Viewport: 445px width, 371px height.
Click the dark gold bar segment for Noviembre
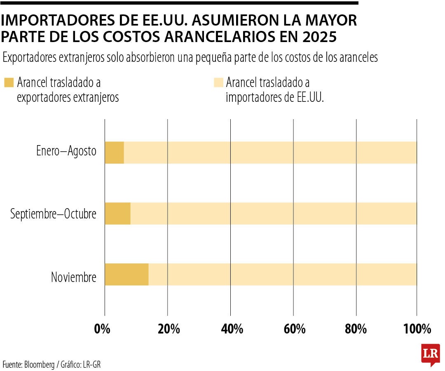tap(126, 274)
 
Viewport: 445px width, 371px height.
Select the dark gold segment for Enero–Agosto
tap(114, 153)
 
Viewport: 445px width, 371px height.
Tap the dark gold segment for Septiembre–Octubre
tap(117, 214)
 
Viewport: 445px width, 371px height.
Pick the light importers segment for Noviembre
tap(282, 274)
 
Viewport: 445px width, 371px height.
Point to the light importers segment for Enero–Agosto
tap(270, 153)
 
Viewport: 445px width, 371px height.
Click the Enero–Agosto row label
tap(66, 151)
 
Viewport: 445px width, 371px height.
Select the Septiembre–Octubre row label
tap(53, 214)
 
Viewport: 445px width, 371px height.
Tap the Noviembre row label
tap(73, 277)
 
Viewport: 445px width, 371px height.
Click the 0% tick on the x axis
tap(102, 329)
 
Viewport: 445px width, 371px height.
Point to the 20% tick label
tap(169, 329)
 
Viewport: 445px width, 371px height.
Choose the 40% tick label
tap(232, 329)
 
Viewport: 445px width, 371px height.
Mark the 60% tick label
tap(294, 329)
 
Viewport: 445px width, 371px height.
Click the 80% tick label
tap(356, 329)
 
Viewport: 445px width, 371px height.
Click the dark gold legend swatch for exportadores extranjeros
tap(9, 82)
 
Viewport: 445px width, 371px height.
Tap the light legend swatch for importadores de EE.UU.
tap(218, 82)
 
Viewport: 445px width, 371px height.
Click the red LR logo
tap(430, 354)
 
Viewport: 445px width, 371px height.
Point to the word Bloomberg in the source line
tap(41, 364)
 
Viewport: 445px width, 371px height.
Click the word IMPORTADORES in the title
tap(50, 20)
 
